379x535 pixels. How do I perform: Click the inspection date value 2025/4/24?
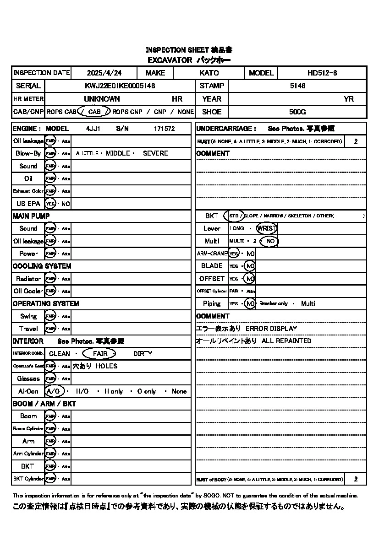104,73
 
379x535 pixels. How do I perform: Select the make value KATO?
209,73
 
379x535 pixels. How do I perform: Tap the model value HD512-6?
322,73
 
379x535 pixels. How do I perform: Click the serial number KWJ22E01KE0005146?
120,86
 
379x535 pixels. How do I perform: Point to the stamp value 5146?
297,86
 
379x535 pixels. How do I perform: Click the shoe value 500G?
297,112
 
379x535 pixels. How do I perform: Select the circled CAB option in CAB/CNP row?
94,112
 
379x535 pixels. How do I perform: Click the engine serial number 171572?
164,129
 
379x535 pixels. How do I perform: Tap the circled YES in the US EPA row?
50,204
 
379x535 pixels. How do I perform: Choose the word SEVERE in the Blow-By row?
155,153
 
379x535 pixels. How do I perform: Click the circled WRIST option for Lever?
266,228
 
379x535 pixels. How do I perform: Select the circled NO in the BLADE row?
250,266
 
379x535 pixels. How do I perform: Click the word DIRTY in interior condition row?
143,354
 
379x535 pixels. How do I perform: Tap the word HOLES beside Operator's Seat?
106,366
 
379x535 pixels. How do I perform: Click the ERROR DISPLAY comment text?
271,329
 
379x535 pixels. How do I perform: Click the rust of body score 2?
356,479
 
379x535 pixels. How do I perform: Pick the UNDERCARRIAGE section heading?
226,129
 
